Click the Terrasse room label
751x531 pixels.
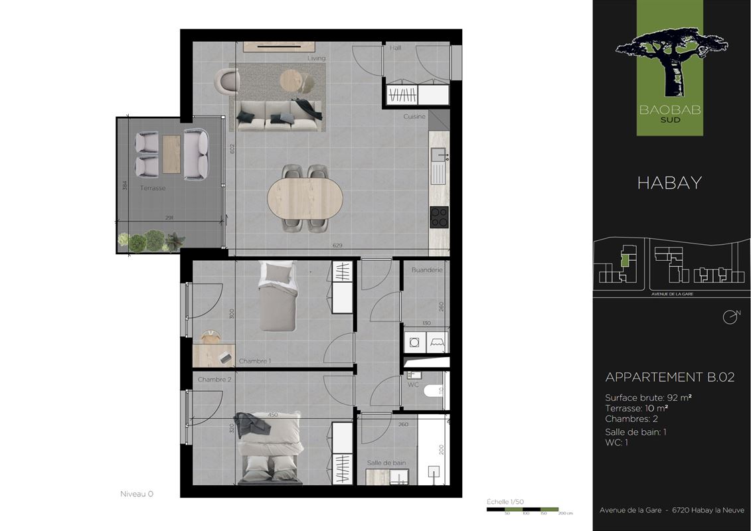coord(152,189)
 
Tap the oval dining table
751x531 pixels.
coord(305,198)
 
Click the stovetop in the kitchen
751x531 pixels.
coord(439,217)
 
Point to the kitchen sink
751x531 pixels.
coord(438,166)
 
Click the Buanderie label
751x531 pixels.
coord(426,270)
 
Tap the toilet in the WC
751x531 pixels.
coord(432,391)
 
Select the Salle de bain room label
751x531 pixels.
coord(386,463)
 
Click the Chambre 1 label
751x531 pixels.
coord(255,361)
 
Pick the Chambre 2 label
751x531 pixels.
coord(214,380)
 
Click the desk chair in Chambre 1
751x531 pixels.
coord(210,337)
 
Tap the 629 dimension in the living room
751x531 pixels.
coord(337,246)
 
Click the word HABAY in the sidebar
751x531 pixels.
coord(669,183)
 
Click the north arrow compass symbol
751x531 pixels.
coord(730,316)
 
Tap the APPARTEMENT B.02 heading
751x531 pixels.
coord(669,377)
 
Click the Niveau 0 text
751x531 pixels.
coord(137,494)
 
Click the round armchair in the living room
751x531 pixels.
coord(227,82)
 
